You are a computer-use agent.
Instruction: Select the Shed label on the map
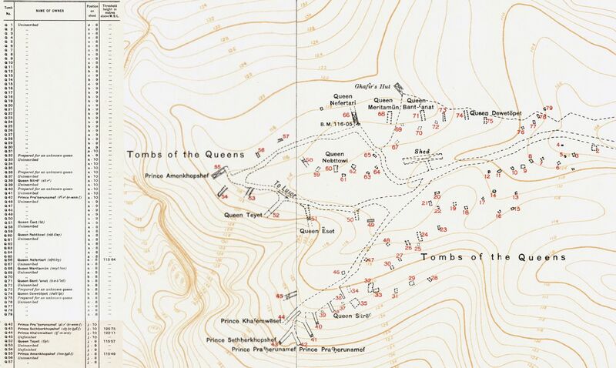[420, 152]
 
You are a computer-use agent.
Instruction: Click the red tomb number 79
[549, 109]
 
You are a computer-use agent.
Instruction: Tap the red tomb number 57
[286, 137]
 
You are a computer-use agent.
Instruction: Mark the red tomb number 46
[336, 273]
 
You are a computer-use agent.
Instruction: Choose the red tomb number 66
[346, 115]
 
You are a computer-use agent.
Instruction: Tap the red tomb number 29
[413, 278]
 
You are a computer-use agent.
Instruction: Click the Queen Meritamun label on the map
[394, 103]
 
